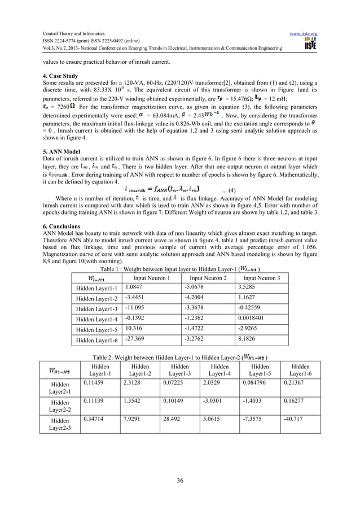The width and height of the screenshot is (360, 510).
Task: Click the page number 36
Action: [x=179, y=480]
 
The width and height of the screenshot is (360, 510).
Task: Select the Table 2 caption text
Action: [x=179, y=357]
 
